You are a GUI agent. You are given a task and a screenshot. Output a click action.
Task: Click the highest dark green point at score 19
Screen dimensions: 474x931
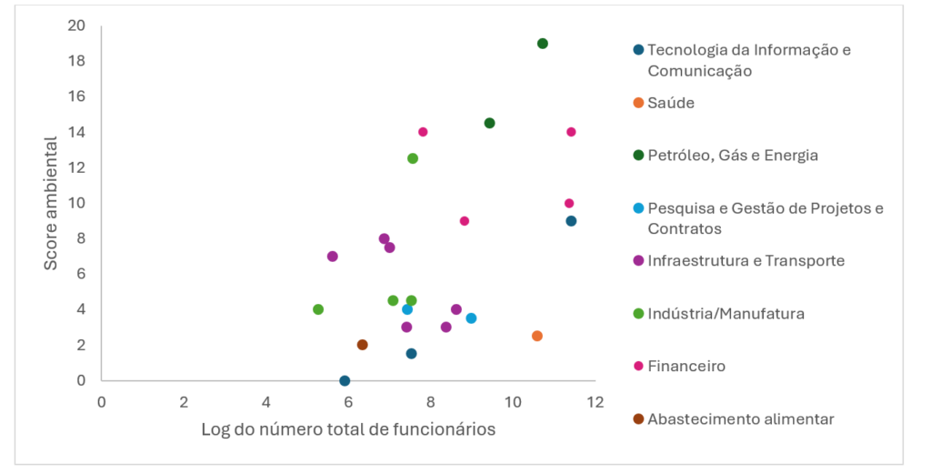click(543, 44)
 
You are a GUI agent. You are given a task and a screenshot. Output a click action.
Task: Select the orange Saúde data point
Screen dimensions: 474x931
click(537, 336)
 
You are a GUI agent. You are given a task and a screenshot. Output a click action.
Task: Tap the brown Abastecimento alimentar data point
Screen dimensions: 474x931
click(362, 345)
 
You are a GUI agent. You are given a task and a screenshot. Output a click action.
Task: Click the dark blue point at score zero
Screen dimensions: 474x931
click(345, 380)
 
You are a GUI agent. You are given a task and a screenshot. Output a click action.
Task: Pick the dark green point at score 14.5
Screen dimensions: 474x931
click(489, 123)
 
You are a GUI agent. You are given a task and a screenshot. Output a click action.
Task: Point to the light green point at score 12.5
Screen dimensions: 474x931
click(413, 158)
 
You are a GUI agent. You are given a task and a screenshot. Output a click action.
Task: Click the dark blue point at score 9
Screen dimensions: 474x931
click(571, 221)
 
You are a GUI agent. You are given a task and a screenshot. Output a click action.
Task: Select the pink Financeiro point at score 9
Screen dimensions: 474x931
click(465, 221)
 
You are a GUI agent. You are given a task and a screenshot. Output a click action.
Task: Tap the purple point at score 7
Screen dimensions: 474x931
click(333, 257)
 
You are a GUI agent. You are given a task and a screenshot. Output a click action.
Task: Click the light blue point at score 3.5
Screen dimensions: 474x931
click(471, 318)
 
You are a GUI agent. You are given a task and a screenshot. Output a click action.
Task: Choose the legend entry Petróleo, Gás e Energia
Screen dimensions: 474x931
click(733, 156)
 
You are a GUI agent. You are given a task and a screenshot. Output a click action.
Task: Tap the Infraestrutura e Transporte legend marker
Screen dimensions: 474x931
click(638, 261)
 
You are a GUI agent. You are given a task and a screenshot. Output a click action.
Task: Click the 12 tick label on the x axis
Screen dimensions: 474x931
click(596, 402)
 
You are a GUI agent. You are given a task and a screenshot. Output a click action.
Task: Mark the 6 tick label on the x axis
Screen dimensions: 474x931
click(348, 402)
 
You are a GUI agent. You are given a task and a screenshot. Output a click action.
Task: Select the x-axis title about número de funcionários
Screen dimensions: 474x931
click(348, 429)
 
